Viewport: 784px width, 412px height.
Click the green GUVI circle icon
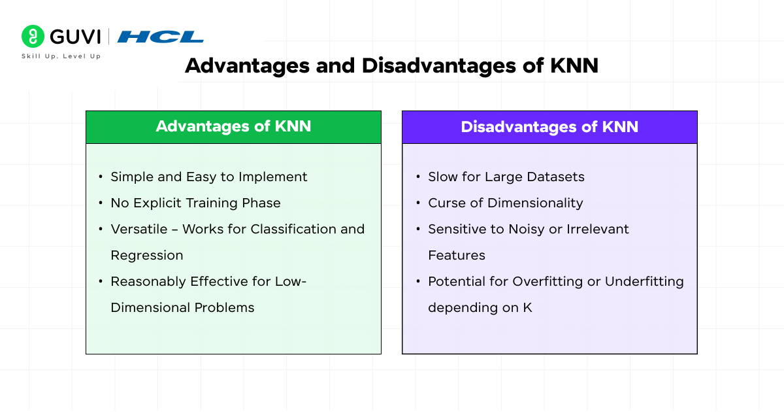click(x=33, y=37)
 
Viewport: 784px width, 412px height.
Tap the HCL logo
click(x=160, y=37)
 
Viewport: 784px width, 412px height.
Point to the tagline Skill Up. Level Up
click(x=61, y=56)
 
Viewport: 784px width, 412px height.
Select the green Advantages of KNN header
click(x=233, y=127)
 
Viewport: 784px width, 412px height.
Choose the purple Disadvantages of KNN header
click(x=549, y=127)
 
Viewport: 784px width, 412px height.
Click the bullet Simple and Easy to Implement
click(x=208, y=177)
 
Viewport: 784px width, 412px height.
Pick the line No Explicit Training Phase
click(x=195, y=203)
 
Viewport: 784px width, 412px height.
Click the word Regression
click(x=147, y=255)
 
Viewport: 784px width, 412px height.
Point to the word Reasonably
click(x=148, y=281)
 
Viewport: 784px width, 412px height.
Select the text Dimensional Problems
click(x=182, y=307)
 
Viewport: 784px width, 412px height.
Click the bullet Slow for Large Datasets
click(x=506, y=177)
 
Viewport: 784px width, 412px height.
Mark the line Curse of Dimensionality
click(x=505, y=203)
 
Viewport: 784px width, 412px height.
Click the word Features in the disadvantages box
click(x=457, y=255)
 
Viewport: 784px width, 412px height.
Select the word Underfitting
click(x=644, y=281)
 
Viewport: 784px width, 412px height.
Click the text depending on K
click(x=480, y=307)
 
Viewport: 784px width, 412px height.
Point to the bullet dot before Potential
click(x=417, y=282)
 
